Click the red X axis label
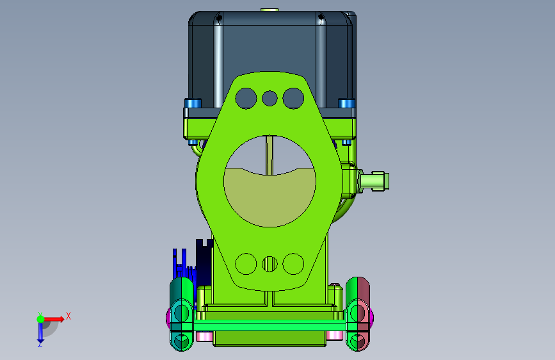[x=68, y=316]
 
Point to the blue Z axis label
[x=40, y=344]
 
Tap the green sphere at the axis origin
[x=41, y=319]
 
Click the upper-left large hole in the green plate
[x=246, y=98]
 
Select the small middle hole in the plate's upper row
[x=269, y=98]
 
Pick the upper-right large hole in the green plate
[x=293, y=98]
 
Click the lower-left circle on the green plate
[x=246, y=264]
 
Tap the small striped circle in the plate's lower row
[x=269, y=264]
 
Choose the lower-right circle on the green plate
[x=293, y=264]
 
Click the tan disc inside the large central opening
[x=269, y=199]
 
